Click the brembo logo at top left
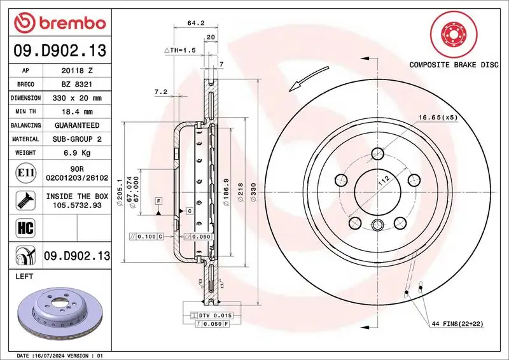[x=59, y=23]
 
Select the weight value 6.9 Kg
[x=77, y=153]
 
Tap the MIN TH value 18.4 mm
[x=77, y=111]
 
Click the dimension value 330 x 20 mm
[x=77, y=98]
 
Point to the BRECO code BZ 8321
[x=77, y=84]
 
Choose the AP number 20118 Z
[x=77, y=71]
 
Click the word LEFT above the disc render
[x=24, y=277]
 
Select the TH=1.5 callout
[x=182, y=50]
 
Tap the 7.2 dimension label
[x=161, y=92]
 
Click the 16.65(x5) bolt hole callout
[x=438, y=117]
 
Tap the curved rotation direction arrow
[x=303, y=81]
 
